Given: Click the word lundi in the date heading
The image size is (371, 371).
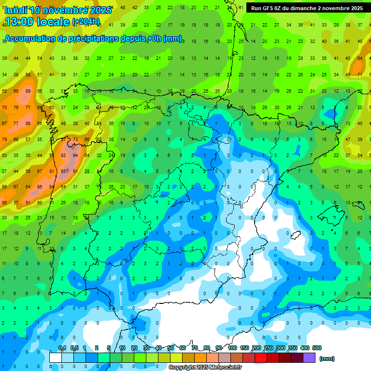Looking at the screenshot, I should click(x=15, y=10).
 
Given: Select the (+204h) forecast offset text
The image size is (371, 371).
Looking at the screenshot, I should click(x=86, y=22).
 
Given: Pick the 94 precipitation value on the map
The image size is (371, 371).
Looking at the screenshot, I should click(x=75, y=156).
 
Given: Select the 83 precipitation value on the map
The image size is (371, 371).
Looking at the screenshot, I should click(x=63, y=156).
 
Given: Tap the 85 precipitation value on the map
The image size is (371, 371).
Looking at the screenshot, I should click(x=63, y=171).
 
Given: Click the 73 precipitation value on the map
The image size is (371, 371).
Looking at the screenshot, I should click(x=75, y=140).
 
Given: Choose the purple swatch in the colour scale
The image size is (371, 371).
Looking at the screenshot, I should click(x=309, y=358).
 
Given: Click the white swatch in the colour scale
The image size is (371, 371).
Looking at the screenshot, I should click(x=56, y=358).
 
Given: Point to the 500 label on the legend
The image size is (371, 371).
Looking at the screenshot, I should click(x=317, y=348).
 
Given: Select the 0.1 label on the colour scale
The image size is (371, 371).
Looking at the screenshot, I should click(x=62, y=348).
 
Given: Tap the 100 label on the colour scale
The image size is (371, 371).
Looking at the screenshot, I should click(x=232, y=348).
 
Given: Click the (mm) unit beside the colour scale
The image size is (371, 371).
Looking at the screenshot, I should click(x=327, y=358).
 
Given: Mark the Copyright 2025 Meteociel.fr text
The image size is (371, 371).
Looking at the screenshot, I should click(x=205, y=368).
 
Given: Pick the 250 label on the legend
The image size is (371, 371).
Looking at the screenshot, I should click(x=268, y=348).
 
